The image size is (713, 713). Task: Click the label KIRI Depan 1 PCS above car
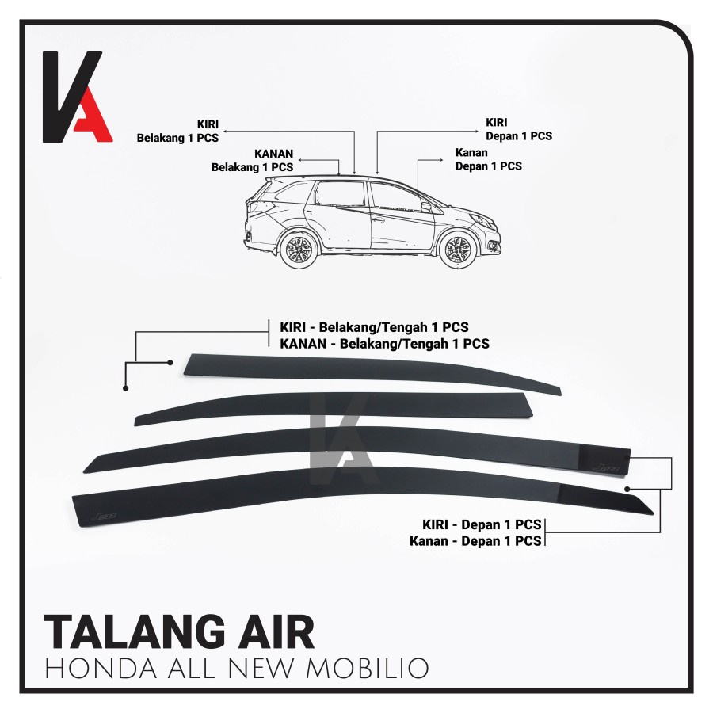click(x=517, y=130)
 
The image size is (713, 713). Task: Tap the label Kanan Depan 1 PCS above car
click(x=488, y=160)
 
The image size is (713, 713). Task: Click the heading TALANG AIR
click(x=179, y=633)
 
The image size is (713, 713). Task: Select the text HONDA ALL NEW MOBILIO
click(x=236, y=668)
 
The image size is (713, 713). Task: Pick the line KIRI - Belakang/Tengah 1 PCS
click(x=374, y=327)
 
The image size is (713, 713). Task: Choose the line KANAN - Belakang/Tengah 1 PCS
click(x=384, y=344)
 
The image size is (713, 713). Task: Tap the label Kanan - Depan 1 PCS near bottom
click(x=475, y=541)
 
